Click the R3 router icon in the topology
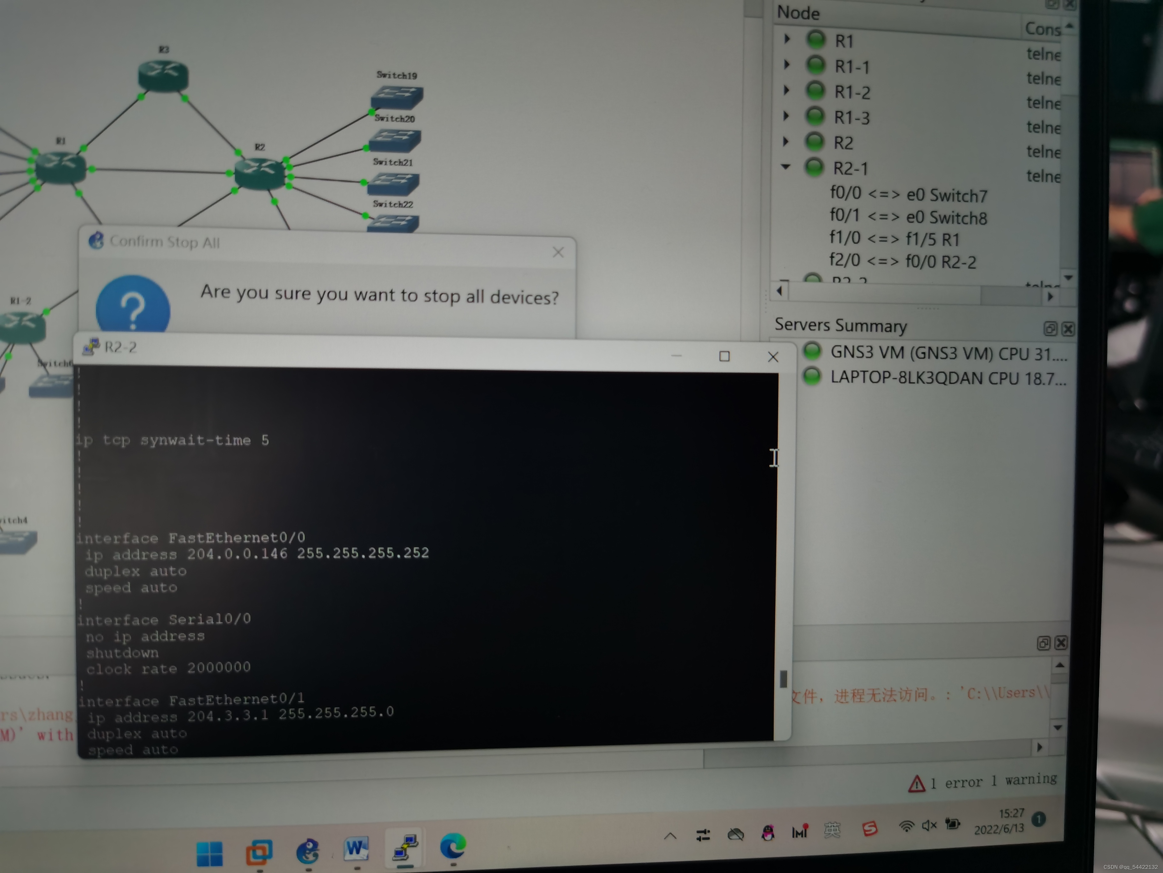163,75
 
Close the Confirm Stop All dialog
558,253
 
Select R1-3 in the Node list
852,117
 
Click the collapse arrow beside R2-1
786,167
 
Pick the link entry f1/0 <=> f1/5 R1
894,239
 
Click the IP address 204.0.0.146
237,554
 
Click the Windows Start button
209,853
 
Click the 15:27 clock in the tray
1011,814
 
